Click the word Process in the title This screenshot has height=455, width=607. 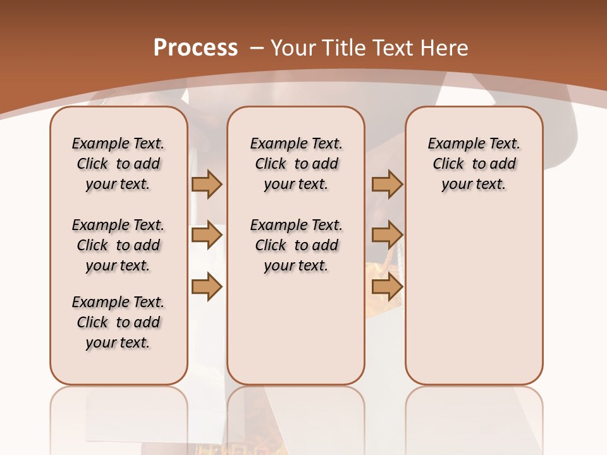195,48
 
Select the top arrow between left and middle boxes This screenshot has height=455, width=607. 207,184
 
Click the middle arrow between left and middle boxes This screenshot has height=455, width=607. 207,235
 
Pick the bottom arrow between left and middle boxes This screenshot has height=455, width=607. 207,286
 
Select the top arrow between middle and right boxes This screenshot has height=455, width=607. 387,184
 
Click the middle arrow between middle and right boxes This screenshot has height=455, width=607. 387,235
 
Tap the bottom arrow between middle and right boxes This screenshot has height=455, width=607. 387,286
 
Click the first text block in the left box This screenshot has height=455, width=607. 118,164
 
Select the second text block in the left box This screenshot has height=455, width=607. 118,245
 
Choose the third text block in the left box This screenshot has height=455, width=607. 118,322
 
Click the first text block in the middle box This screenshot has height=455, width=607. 296,164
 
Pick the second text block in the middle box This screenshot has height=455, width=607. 296,245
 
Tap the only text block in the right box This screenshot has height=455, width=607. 474,164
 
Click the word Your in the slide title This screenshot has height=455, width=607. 293,48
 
